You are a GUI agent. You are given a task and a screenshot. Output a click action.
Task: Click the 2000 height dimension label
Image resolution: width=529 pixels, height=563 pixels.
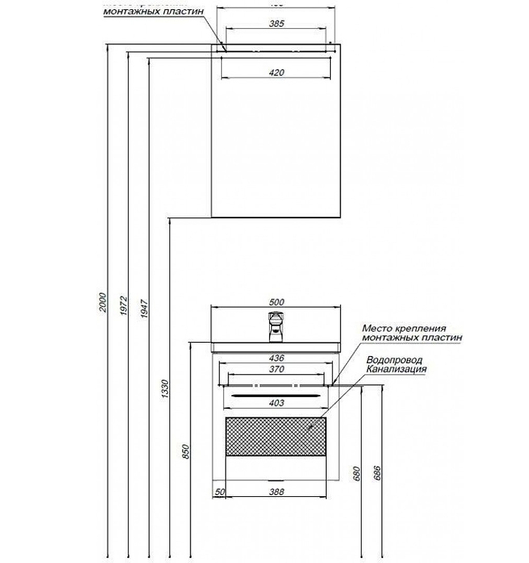pyautogui.click(x=103, y=303)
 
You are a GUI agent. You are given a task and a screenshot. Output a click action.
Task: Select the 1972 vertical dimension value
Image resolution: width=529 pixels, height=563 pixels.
pyautogui.click(x=123, y=303)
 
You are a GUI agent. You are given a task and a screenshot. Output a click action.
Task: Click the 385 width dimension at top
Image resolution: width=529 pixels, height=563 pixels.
pyautogui.click(x=276, y=24)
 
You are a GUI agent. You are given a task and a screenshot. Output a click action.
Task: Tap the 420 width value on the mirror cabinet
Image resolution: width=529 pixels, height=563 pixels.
pyautogui.click(x=276, y=72)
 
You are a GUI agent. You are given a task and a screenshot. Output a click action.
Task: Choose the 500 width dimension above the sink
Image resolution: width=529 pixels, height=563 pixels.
pyautogui.click(x=276, y=302)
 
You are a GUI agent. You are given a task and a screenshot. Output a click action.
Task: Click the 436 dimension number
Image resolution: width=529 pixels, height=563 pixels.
pyautogui.click(x=276, y=358)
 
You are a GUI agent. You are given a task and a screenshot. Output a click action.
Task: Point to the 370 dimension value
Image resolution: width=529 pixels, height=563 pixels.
pyautogui.click(x=276, y=369)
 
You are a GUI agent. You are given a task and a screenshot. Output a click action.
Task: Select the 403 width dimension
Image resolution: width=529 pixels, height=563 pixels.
pyautogui.click(x=276, y=403)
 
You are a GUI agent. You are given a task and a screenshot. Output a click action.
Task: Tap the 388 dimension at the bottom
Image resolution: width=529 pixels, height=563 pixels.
pyautogui.click(x=276, y=491)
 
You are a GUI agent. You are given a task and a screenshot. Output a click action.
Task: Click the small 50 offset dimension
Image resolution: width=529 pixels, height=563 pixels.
pyautogui.click(x=218, y=491)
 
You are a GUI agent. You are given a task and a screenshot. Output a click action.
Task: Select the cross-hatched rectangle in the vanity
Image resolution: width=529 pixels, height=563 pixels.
pyautogui.click(x=276, y=436)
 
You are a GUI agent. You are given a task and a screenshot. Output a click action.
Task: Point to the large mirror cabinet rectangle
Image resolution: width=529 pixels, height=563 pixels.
pyautogui.click(x=276, y=141)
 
